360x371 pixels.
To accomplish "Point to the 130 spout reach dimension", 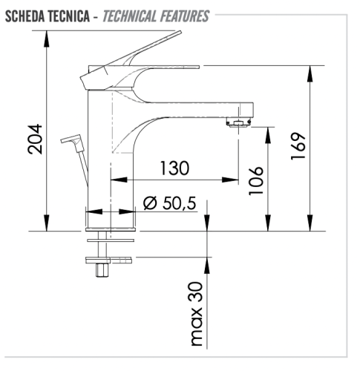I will [x=174, y=168].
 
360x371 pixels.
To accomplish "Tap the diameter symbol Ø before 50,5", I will [x=148, y=202].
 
